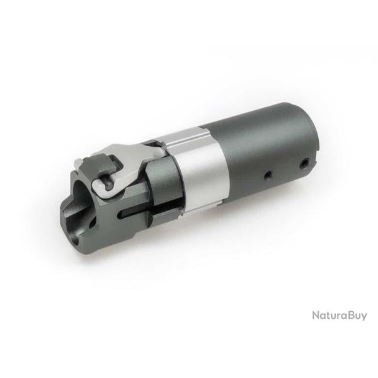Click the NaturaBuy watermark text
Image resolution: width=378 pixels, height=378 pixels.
339,315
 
